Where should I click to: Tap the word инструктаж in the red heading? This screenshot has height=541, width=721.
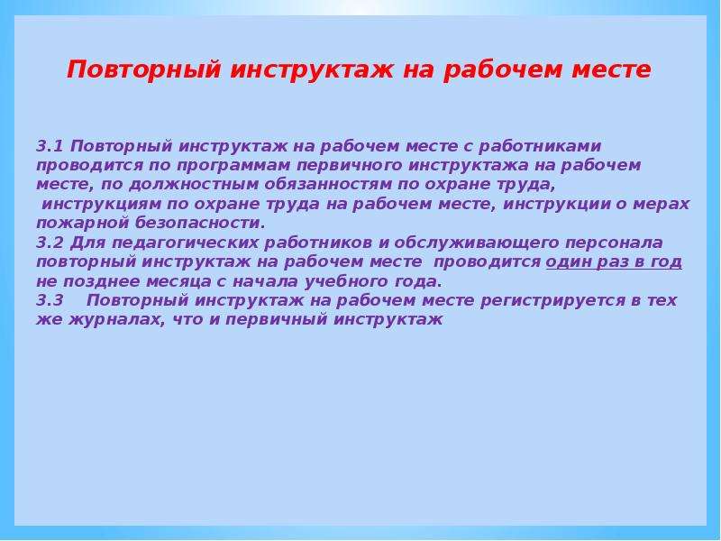[311, 70]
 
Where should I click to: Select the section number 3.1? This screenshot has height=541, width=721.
[50, 146]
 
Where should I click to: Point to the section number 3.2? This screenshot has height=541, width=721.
[50, 243]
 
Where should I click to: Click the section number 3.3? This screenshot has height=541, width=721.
[50, 300]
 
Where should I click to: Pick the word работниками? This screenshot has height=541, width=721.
[540, 147]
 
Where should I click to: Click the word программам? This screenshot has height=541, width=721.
[233, 166]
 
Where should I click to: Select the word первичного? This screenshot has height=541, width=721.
[349, 166]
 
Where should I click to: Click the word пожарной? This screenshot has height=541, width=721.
[82, 224]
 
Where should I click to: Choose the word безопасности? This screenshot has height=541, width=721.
[200, 223]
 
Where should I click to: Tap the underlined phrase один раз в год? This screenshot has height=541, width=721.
[614, 262]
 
